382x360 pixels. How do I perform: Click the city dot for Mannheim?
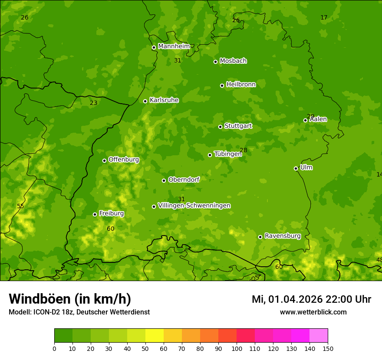[x=154, y=47]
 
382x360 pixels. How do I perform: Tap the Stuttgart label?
[x=238, y=126]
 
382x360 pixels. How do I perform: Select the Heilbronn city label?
[x=241, y=84]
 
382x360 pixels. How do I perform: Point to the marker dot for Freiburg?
[x=95, y=214]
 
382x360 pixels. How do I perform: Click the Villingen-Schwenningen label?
[x=194, y=205]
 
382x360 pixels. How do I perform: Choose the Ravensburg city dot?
[x=260, y=237]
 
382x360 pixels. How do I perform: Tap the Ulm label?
[x=306, y=167]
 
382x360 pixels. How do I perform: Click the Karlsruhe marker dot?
[x=145, y=101]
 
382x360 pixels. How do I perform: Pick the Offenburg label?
[x=124, y=159]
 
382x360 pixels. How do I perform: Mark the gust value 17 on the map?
[x=324, y=17]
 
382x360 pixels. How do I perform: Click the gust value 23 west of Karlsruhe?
[x=94, y=103]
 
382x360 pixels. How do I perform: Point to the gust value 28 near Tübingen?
[x=244, y=150]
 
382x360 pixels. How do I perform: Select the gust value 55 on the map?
[x=20, y=206]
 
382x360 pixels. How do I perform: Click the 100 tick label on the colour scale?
[x=237, y=348]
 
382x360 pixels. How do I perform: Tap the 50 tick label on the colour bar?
[x=145, y=348]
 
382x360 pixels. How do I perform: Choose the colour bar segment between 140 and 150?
[x=319, y=336]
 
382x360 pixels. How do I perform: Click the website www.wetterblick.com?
[x=313, y=312]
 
